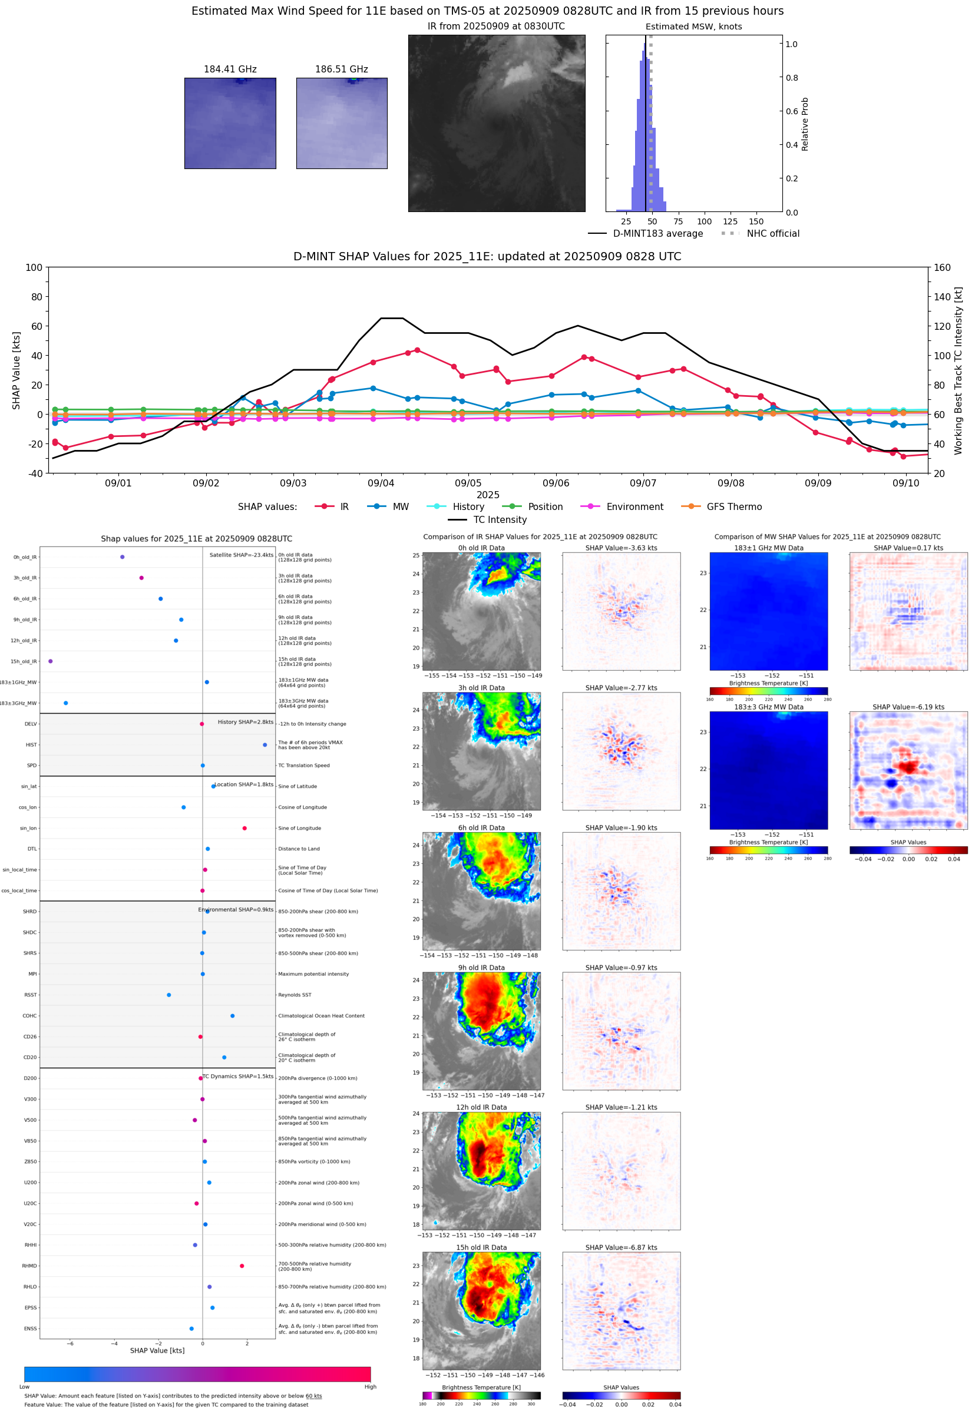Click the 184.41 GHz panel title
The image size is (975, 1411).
[x=230, y=69]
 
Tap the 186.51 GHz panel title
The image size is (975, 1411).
[x=341, y=69]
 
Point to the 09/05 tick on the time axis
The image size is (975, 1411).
[x=468, y=483]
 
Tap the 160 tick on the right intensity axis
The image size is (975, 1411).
[x=942, y=267]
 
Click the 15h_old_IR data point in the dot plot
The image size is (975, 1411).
[x=51, y=661]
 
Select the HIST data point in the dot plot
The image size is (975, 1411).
[x=265, y=745]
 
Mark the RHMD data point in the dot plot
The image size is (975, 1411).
[x=242, y=1266]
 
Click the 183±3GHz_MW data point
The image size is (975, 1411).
[x=66, y=703]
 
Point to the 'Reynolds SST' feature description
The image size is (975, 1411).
[x=295, y=995]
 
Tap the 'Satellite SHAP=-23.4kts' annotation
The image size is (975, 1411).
[x=241, y=555]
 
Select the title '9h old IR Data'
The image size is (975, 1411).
[x=481, y=968]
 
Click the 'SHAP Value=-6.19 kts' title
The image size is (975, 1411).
[x=908, y=707]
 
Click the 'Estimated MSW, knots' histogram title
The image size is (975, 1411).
[x=693, y=27]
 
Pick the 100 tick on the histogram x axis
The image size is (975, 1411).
[x=705, y=221]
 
